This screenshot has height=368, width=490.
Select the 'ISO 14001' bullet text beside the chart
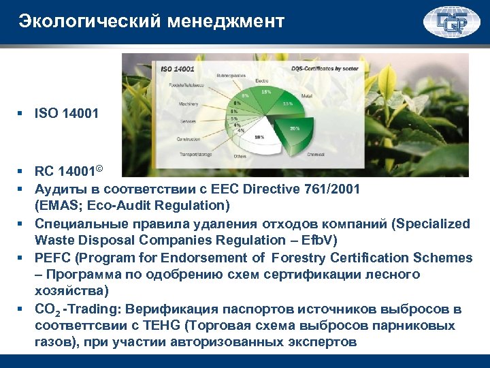(x=66, y=113)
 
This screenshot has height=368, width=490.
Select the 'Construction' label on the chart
(x=189, y=139)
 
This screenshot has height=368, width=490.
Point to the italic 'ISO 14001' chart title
(x=177, y=70)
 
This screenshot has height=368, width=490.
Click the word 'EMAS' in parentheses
(x=56, y=205)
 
